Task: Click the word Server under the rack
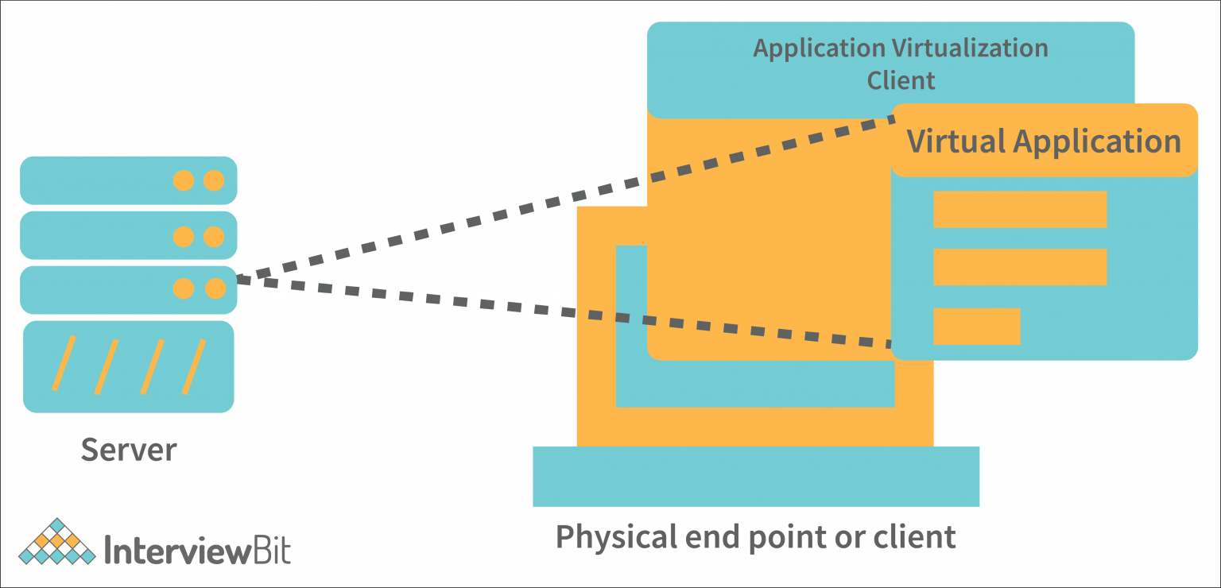pyautogui.click(x=129, y=450)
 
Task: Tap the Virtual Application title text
pyautogui.click(x=1044, y=141)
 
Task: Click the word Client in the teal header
pyautogui.click(x=901, y=80)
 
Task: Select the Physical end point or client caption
pyautogui.click(x=755, y=537)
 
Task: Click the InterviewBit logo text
pyautogui.click(x=198, y=550)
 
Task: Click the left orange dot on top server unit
pyautogui.click(x=184, y=181)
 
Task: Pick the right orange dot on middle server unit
pyautogui.click(x=213, y=237)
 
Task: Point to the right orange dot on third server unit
pyautogui.click(x=215, y=288)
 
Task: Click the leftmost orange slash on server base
pyautogui.click(x=64, y=363)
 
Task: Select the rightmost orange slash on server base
pyautogui.click(x=194, y=366)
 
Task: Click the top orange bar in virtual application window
pyautogui.click(x=1020, y=209)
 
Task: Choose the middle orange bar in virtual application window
pyautogui.click(x=1020, y=267)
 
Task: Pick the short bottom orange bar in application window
pyautogui.click(x=976, y=326)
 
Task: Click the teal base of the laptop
pyautogui.click(x=755, y=476)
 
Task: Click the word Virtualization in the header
pyautogui.click(x=970, y=48)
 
